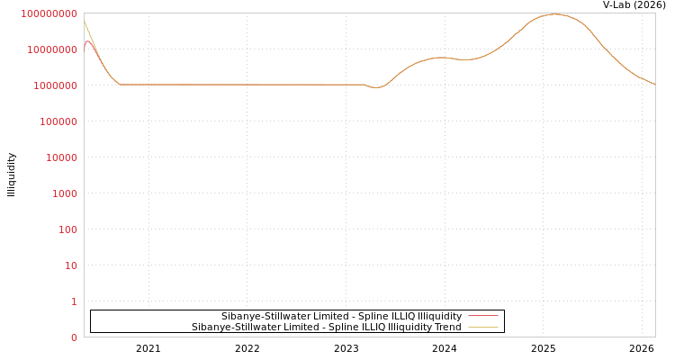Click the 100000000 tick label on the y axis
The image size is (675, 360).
(x=49, y=13)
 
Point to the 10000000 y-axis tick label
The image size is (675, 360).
(x=52, y=49)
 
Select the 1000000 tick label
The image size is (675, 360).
(x=55, y=85)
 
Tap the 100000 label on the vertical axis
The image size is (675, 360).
(x=58, y=121)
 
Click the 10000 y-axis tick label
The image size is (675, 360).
(x=60, y=157)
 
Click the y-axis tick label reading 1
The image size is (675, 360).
(x=73, y=301)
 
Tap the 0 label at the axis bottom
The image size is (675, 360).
(x=73, y=337)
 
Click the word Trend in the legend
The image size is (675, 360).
(x=446, y=328)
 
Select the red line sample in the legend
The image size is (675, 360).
(x=482, y=316)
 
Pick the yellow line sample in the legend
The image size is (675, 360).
(x=482, y=328)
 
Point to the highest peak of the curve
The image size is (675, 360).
(x=554, y=14)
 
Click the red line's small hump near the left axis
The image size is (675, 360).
(x=88, y=41)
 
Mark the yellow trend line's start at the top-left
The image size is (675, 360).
(x=85, y=22)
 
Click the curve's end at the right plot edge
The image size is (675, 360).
(x=654, y=84)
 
